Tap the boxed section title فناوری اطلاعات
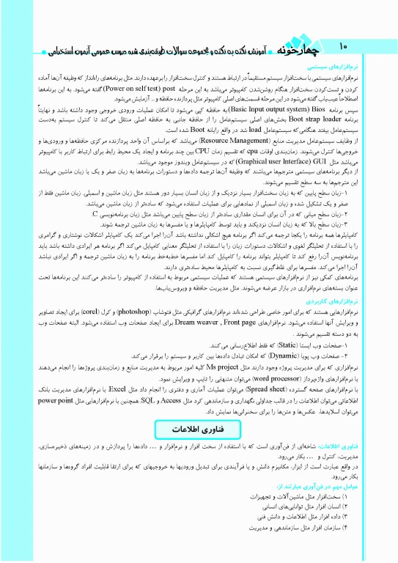coord(198,427)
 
